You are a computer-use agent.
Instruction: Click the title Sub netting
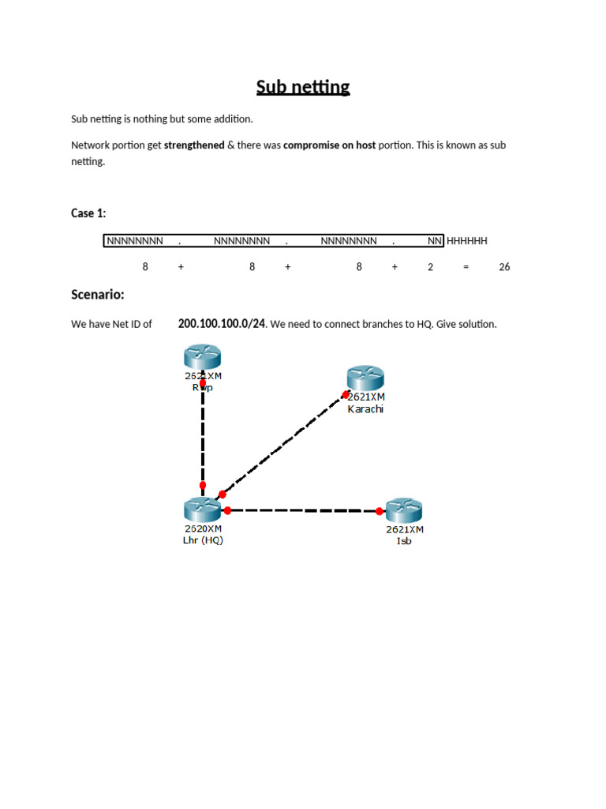303,87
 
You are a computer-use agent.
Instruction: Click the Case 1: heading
88,213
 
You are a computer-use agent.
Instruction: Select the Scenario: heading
98,295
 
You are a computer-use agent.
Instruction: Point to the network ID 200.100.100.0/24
222,324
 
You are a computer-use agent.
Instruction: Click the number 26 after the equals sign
504,267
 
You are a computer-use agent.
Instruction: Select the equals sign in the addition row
466,267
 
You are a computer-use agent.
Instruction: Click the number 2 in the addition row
430,267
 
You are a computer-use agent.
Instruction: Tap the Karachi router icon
365,378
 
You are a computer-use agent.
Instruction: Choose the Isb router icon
404,511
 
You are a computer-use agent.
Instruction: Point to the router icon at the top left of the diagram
203,357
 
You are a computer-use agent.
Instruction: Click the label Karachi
365,409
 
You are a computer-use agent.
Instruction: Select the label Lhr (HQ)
203,541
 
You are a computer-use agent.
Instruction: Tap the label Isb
404,541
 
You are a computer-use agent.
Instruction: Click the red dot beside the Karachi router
346,393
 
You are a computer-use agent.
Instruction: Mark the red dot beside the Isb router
380,512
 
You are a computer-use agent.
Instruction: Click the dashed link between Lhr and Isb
304,510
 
